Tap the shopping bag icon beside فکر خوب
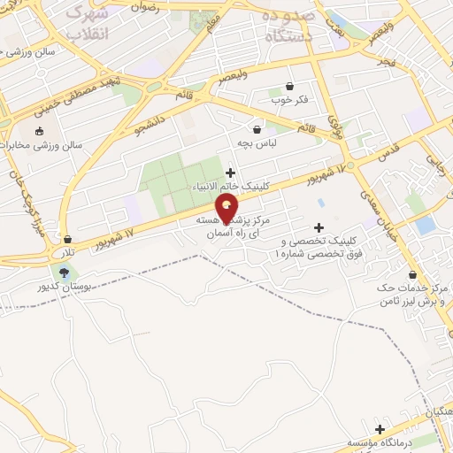tap(290, 86)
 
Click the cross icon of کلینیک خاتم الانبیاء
tap(231, 173)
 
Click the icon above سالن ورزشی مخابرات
tap(39, 130)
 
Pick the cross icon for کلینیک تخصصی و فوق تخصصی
tap(319, 227)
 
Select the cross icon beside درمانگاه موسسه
tap(380, 428)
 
